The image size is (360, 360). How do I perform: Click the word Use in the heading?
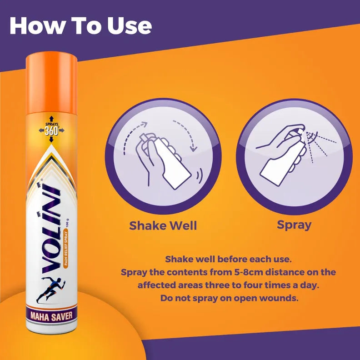(x=130, y=25)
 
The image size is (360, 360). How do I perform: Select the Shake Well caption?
(x=163, y=226)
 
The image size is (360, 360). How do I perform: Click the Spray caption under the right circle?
(x=294, y=225)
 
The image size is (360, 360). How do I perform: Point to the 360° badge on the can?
(x=51, y=129)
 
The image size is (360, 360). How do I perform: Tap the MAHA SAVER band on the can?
(x=51, y=316)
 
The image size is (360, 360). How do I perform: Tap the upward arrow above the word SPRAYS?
(x=51, y=119)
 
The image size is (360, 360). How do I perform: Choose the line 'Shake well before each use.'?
(x=228, y=259)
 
